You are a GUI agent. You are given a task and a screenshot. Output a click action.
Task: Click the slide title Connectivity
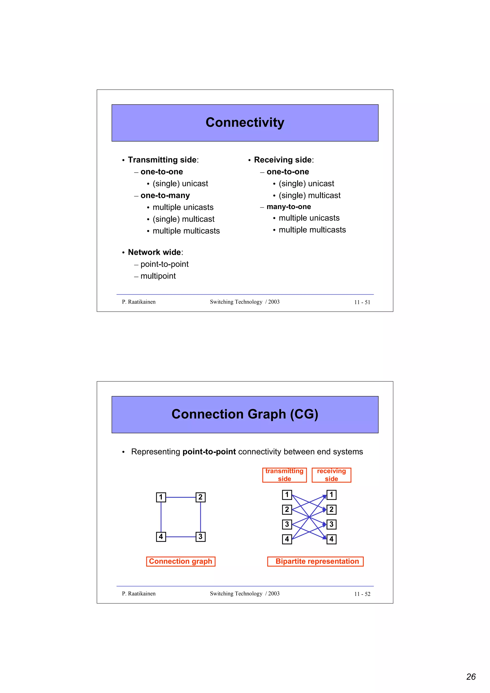tap(245, 122)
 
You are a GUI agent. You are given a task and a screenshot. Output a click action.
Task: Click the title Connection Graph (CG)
tap(245, 414)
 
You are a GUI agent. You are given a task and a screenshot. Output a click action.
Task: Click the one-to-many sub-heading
tap(165, 195)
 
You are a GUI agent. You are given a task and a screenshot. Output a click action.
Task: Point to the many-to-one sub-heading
tap(289, 207)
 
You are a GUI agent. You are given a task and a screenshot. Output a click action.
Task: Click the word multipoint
tap(158, 276)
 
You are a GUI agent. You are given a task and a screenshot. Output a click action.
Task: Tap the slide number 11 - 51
tap(362, 302)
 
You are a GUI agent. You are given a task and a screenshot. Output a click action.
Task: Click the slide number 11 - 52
tap(362, 594)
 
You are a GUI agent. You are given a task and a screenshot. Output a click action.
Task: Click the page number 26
tap(471, 677)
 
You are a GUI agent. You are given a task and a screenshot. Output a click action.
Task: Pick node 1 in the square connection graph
tap(161, 497)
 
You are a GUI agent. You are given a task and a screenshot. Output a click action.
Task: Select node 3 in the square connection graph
tap(200, 537)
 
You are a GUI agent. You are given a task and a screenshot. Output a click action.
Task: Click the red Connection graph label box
tap(181, 561)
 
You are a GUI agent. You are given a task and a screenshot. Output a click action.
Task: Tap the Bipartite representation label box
tap(315, 561)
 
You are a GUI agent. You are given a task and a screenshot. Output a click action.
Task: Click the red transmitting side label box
tap(284, 475)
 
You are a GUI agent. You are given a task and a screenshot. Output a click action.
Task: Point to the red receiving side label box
tap(331, 475)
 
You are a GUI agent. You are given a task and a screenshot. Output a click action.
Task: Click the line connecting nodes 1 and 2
tap(181, 497)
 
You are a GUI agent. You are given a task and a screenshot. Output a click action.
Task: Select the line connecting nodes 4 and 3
tap(181, 537)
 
